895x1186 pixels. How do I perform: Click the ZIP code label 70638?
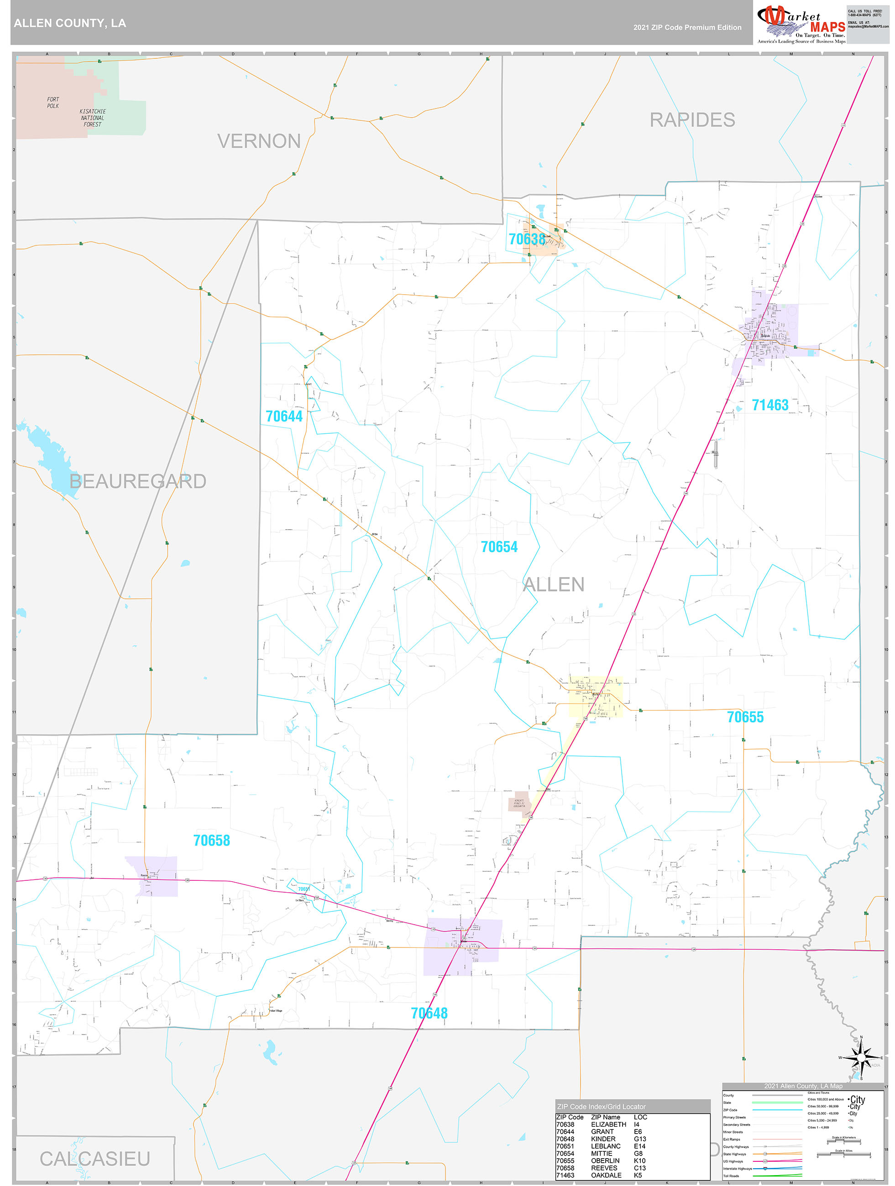(x=526, y=239)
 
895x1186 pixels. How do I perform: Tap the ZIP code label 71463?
(x=770, y=406)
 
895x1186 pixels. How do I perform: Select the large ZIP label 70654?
(x=499, y=547)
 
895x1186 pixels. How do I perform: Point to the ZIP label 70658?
(x=211, y=840)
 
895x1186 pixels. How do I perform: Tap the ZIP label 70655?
(x=745, y=717)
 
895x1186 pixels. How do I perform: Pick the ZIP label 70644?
(x=284, y=416)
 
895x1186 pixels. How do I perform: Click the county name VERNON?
(x=259, y=141)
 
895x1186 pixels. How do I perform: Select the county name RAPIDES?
(x=692, y=120)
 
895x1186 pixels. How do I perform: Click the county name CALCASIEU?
(x=95, y=1159)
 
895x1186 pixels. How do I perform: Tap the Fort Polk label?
(x=52, y=103)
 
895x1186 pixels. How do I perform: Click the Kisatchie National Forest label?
(x=93, y=118)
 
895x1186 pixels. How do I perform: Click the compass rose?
(x=861, y=1057)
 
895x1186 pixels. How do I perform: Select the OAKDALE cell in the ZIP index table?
(x=606, y=1175)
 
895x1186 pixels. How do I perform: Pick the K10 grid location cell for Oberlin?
(x=639, y=1160)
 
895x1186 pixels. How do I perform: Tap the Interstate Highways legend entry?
(x=737, y=1168)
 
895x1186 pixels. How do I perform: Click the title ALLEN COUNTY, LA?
(x=70, y=23)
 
